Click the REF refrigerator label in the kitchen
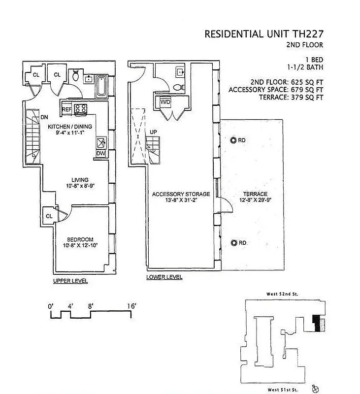[67, 109]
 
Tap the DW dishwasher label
[101, 154]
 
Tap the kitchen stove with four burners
[80, 109]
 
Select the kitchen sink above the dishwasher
[102, 143]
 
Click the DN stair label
[44, 118]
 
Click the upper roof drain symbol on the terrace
[233, 140]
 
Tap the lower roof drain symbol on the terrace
[233, 243]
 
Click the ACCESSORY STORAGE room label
[181, 194]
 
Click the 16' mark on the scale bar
[131, 306]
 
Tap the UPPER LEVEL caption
[70, 281]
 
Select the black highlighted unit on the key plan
[315, 323]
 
